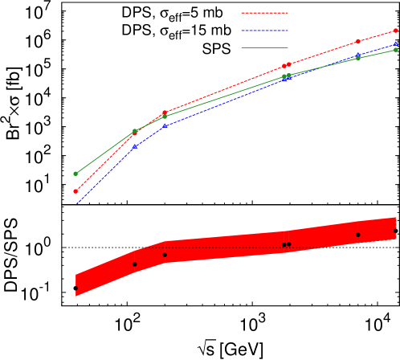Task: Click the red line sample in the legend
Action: click(264, 13)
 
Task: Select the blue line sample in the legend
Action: click(264, 31)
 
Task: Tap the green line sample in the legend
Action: click(264, 48)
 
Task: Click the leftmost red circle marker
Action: click(76, 191)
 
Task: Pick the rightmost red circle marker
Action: click(395, 31)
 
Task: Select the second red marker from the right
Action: click(358, 42)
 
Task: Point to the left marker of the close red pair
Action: click(284, 66)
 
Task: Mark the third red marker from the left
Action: click(165, 112)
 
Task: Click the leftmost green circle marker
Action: click(76, 174)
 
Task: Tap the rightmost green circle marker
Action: click(395, 50)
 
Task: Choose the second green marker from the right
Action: click(358, 59)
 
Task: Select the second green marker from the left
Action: click(135, 131)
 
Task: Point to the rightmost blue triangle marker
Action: click(395, 44)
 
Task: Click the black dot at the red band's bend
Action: click(165, 255)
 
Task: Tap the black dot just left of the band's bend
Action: click(135, 264)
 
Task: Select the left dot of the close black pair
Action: click(284, 245)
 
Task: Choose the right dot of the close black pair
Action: click(289, 244)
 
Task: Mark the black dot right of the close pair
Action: click(358, 235)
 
